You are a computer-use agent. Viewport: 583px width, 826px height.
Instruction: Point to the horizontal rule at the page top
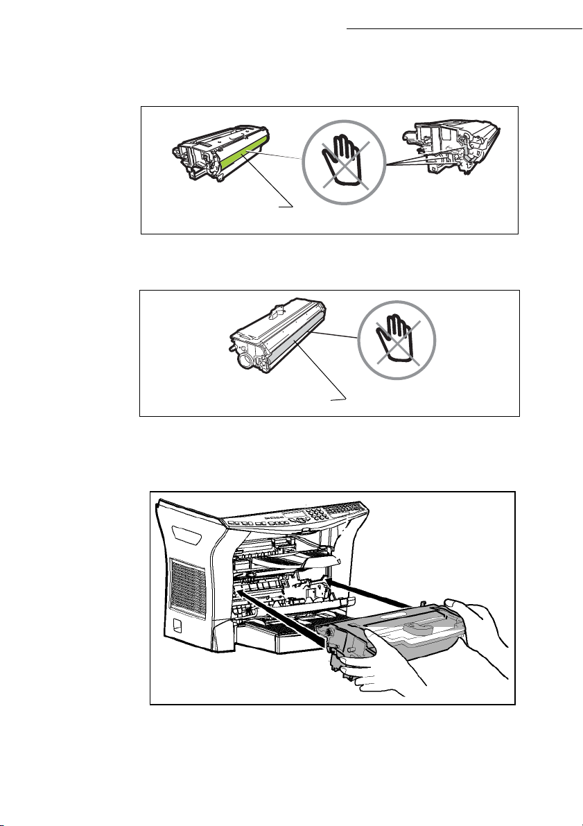[464, 30]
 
